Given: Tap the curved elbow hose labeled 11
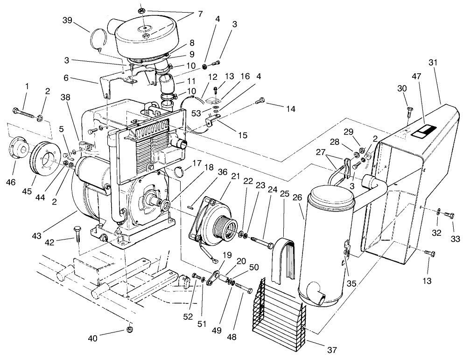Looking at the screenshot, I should coord(166,85).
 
